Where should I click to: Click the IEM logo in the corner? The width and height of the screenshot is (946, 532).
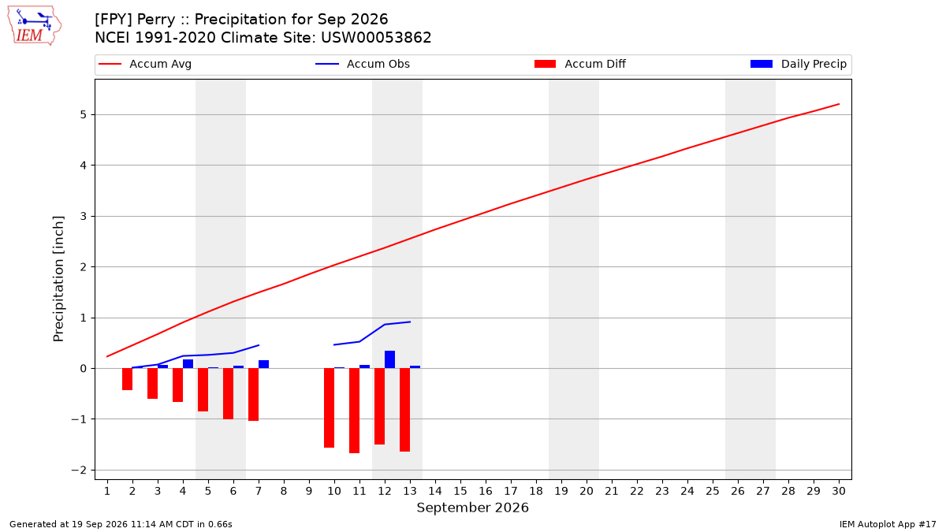35,26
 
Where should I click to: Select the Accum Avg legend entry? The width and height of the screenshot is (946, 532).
145,64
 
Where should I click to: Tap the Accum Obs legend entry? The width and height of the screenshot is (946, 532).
363,64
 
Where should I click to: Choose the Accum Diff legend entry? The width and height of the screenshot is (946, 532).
580,64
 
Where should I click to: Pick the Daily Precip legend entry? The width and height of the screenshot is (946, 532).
798,64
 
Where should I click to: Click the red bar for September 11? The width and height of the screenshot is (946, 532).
354,411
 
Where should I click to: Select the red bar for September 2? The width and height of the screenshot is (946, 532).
127,379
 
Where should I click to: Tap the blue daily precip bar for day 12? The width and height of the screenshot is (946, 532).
389,359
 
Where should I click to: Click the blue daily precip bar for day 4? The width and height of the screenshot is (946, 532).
188,364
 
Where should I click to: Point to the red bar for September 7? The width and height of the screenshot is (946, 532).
253,394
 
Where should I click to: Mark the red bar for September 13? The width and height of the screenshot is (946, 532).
404,410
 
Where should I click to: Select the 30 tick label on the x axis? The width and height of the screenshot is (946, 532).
839,491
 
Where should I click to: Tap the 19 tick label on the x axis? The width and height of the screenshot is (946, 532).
561,491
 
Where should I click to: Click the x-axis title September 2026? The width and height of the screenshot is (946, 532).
472,508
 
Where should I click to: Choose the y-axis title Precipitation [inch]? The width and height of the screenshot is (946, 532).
58,279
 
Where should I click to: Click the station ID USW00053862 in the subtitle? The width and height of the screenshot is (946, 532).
376,38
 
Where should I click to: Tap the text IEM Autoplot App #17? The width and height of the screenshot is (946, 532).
888,524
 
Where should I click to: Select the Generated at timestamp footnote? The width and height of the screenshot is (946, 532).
121,524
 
